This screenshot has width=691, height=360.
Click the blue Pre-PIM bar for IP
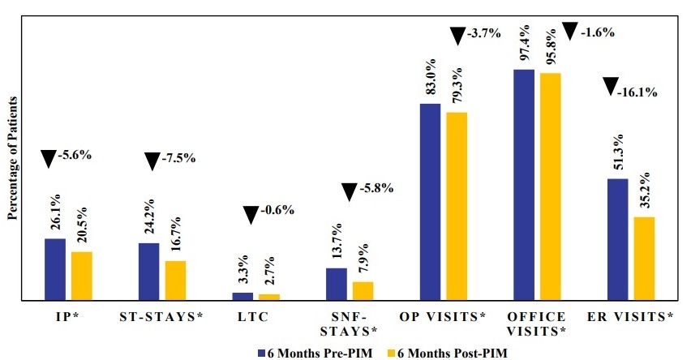click(55, 269)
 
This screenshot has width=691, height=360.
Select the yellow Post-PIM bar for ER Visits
click(644, 259)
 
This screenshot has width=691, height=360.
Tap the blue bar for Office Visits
click(524, 185)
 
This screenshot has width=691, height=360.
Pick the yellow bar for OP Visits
click(457, 206)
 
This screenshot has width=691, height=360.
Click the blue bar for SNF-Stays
click(337, 284)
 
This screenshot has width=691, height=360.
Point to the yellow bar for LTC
click(269, 297)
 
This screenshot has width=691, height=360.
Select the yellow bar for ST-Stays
click(175, 281)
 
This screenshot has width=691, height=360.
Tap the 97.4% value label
click(524, 43)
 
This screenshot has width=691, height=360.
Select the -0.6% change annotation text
click(278, 210)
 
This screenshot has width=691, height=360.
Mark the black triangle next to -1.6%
click(570, 32)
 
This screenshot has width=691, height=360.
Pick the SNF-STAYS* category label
click(351, 324)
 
